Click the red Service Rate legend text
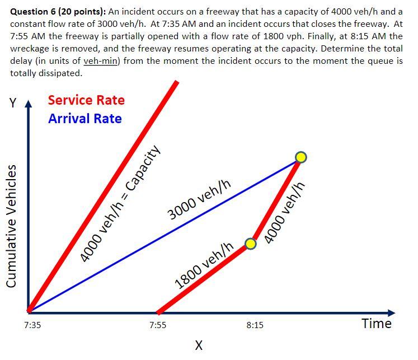[86, 100]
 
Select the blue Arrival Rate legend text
[84, 119]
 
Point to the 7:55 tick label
[158, 325]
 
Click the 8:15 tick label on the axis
[255, 325]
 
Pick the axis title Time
[377, 324]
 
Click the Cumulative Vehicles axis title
[12, 226]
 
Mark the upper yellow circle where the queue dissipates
[301, 157]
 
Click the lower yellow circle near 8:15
[251, 244]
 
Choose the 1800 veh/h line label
[204, 265]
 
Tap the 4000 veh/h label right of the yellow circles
[285, 212]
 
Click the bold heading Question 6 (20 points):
[58, 11]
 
